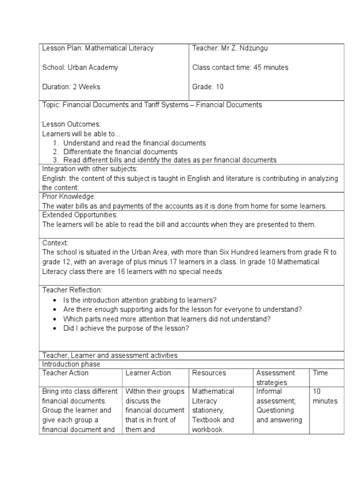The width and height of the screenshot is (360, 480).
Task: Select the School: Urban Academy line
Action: pos(80,67)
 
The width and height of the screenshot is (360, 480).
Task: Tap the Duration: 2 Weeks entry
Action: pos(71,87)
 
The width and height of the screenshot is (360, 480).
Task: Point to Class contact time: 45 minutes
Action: pos(240,67)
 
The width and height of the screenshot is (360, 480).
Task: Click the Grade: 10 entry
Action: pos(208,87)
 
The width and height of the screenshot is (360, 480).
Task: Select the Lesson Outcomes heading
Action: pos(71,124)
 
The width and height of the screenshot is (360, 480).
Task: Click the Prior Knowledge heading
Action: pos(69,196)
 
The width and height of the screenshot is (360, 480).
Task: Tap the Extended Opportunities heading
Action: pos(80,215)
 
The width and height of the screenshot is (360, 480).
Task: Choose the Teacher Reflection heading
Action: pos(72,290)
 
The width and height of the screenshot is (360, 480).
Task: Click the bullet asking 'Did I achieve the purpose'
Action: pos(126,328)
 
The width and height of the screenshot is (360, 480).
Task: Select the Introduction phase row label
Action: pos(71,364)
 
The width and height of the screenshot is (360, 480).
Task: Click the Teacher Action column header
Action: pos(65,373)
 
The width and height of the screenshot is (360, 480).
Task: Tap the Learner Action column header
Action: pos(148,373)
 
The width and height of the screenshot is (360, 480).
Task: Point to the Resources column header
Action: pos(209,373)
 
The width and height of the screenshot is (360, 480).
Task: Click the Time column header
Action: pos(321,373)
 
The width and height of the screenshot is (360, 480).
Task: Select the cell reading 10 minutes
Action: pos(325,396)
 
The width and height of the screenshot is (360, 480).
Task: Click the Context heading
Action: pos(55,243)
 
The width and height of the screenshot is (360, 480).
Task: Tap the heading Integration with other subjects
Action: pos(90,169)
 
